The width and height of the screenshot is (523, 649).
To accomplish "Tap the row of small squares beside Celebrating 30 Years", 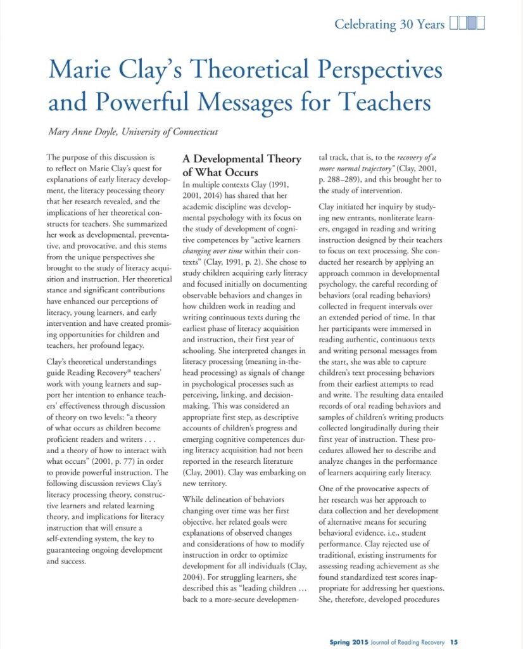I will pos(467,25).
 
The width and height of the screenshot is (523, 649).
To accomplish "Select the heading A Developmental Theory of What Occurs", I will pos(241,165).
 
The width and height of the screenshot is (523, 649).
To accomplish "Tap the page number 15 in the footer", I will pos(454,641).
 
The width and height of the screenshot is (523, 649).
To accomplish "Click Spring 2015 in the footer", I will pos(348,641).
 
